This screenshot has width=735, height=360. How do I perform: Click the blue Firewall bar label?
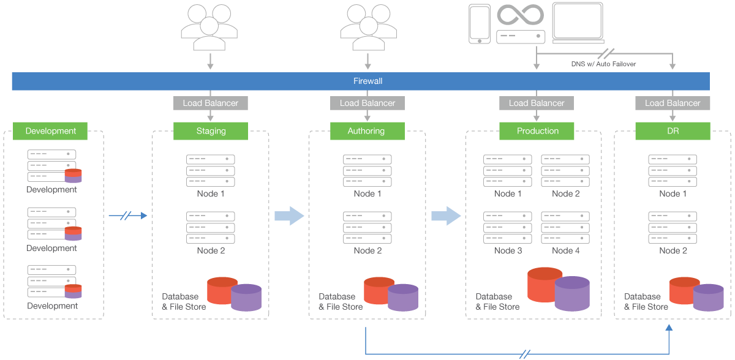[x=367, y=81]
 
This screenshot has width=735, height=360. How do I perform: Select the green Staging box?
[x=211, y=131]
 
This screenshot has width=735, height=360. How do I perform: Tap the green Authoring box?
[x=367, y=131]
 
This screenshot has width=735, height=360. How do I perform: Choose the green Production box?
[x=537, y=131]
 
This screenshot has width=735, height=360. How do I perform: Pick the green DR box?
[x=673, y=131]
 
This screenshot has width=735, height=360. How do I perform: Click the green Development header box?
[x=51, y=131]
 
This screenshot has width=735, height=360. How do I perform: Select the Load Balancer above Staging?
[x=211, y=103]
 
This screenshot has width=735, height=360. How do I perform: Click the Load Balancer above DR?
[x=673, y=103]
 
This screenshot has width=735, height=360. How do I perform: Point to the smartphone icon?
[x=480, y=24]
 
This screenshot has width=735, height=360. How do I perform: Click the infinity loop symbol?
[x=521, y=15]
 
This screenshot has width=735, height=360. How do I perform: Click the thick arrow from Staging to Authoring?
[x=289, y=216]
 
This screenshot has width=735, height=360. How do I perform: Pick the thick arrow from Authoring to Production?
[x=446, y=216]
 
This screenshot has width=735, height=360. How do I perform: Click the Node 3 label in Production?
[x=508, y=250]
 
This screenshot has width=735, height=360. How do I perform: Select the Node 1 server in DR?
[x=673, y=170]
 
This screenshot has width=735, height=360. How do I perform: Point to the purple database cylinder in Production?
[x=572, y=293]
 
